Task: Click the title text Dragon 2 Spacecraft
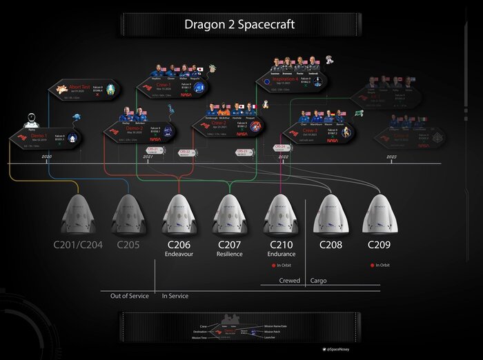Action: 239,25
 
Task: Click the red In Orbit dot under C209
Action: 371,265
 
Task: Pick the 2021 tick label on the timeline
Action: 148,158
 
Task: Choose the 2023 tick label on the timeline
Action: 391,158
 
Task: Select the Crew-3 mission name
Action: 307,130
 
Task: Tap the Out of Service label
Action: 129,296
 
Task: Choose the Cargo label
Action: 318,281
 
